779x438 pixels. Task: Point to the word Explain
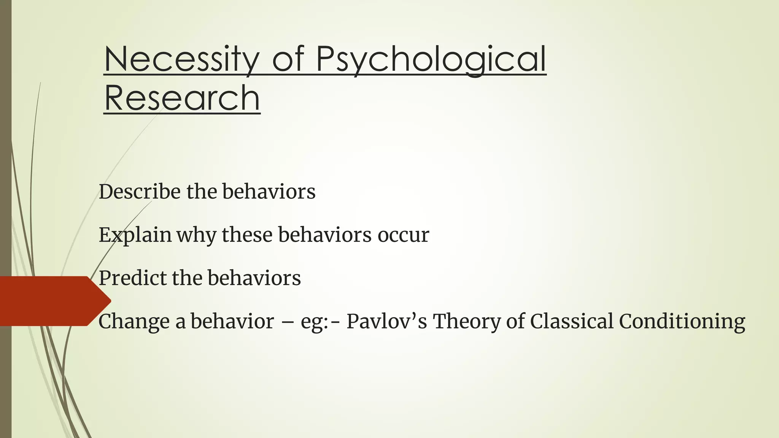tap(135, 235)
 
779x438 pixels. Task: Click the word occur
tap(403, 235)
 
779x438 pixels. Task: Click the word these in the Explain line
tap(247, 235)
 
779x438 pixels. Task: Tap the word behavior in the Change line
tap(232, 321)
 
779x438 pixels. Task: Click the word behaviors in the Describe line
tap(269, 191)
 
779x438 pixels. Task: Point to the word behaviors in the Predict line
tap(254, 278)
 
